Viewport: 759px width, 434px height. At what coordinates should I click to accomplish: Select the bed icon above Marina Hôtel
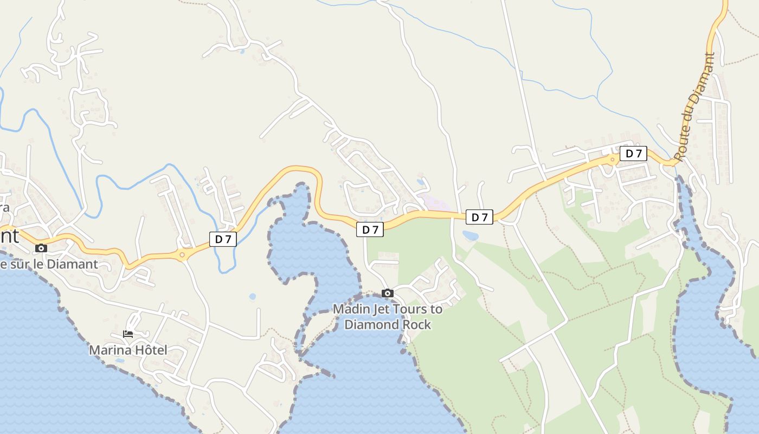128,334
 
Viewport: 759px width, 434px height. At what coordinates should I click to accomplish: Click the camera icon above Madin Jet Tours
388,293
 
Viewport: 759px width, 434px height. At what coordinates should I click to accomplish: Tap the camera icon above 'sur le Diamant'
41,248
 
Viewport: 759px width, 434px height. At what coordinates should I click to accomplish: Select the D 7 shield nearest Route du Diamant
633,154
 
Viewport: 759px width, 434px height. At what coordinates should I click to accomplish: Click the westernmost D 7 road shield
223,239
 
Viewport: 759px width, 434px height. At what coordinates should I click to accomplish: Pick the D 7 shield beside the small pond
479,218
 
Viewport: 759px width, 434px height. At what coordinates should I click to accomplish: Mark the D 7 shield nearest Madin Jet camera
370,229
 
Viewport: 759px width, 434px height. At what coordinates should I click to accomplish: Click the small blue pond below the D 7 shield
470,235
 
